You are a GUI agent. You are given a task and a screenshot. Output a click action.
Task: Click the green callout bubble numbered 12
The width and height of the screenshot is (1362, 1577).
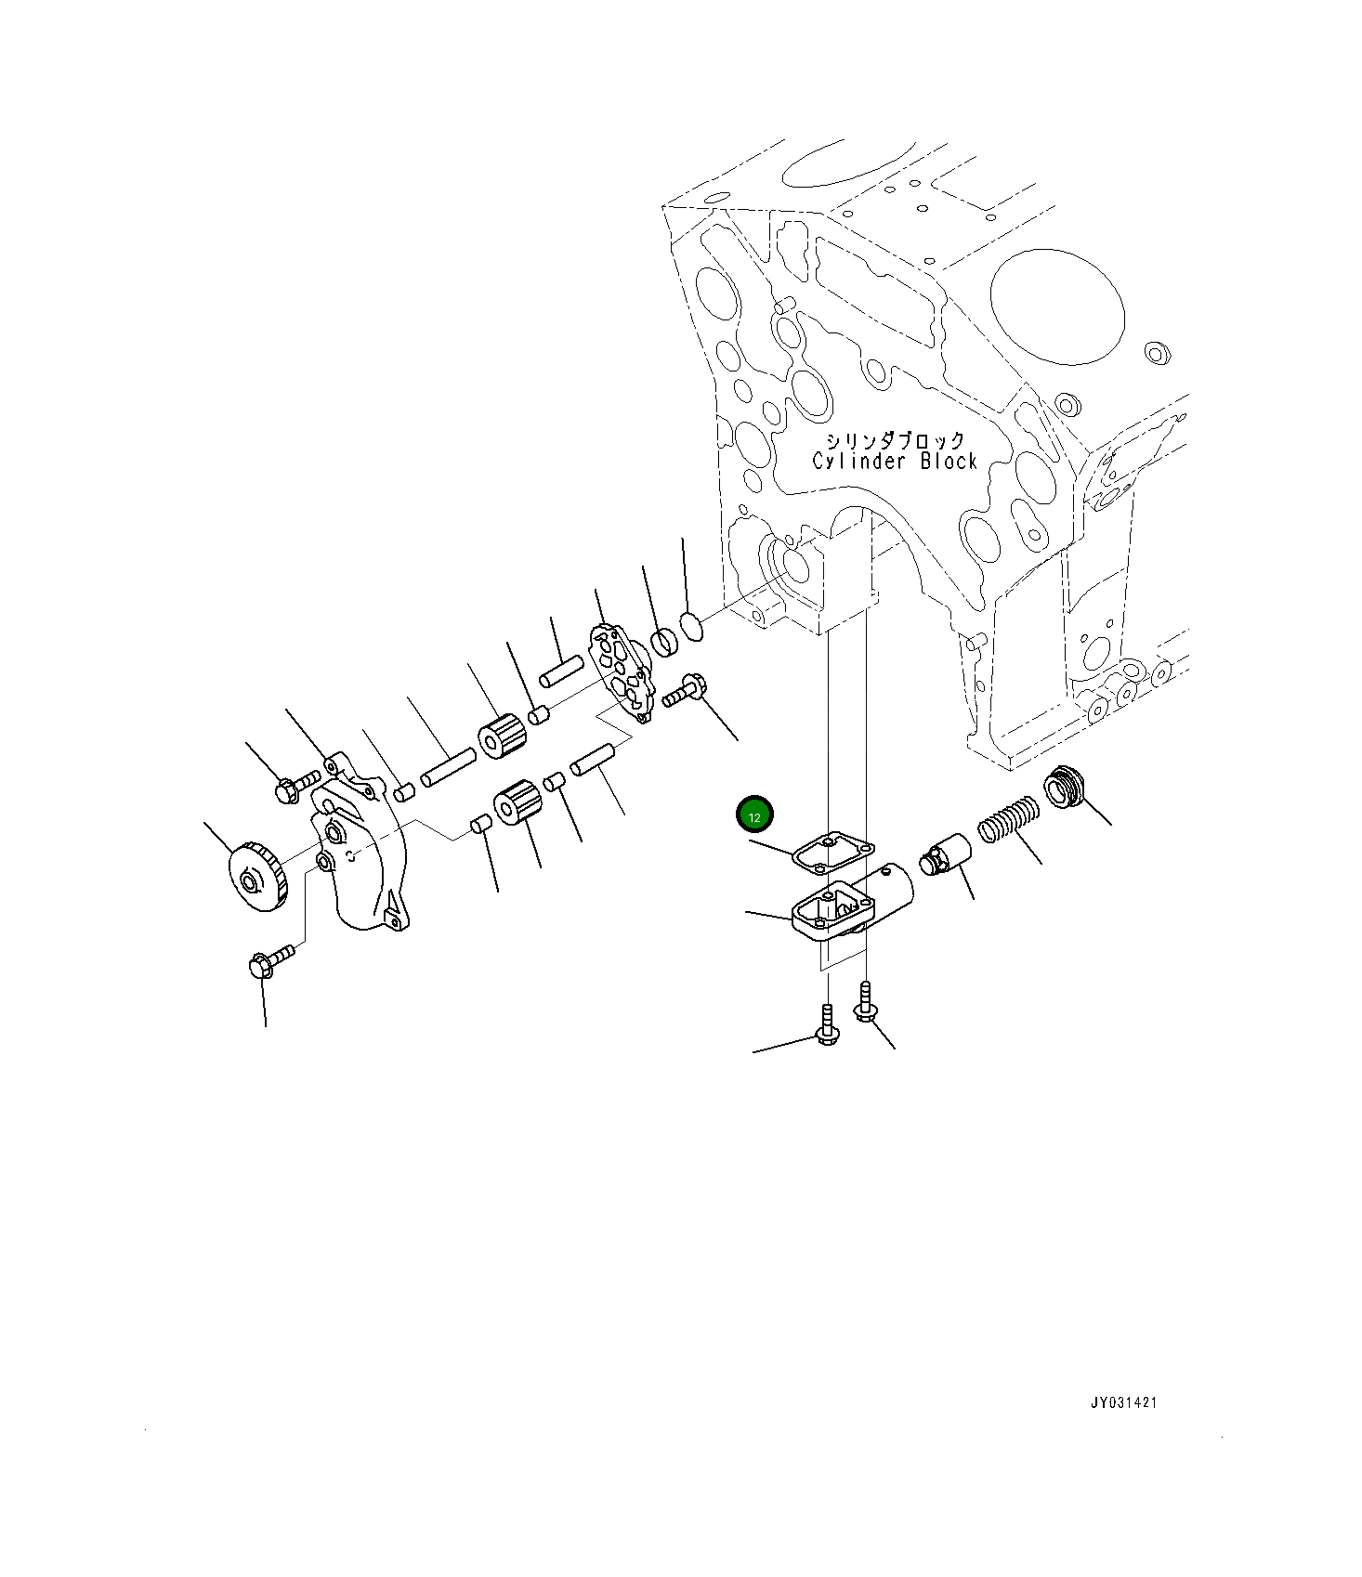coord(754,816)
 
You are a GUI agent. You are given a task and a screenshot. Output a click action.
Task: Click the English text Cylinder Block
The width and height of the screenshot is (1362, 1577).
coord(895,462)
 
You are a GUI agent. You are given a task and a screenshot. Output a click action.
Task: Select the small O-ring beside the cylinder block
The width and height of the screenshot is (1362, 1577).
coord(692,627)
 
